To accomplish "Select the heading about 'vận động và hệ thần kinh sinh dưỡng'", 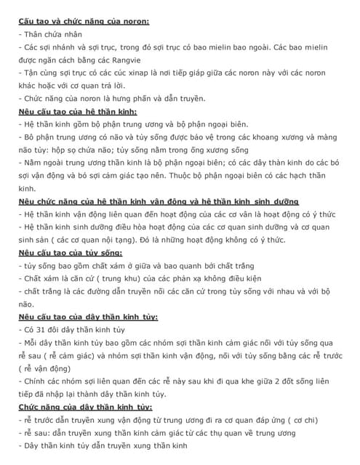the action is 159,201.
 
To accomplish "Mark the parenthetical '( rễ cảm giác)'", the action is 59,356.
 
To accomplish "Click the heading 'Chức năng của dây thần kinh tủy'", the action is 85,407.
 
